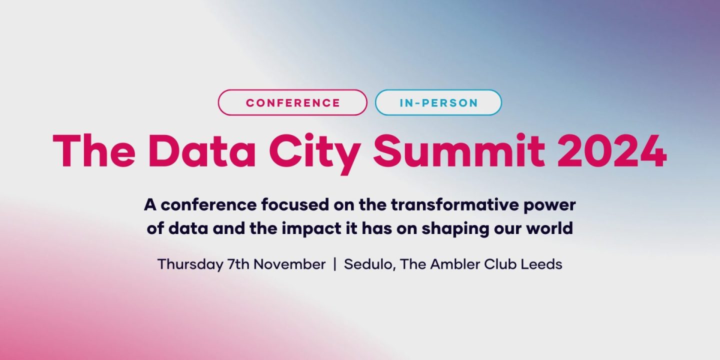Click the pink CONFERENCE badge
[x=292, y=103]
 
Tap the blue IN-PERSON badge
[x=438, y=103]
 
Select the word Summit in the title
[x=458, y=150]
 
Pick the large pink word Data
[x=203, y=150]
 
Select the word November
[x=289, y=264]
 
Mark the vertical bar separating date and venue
[x=334, y=264]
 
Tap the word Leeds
[x=541, y=264]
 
